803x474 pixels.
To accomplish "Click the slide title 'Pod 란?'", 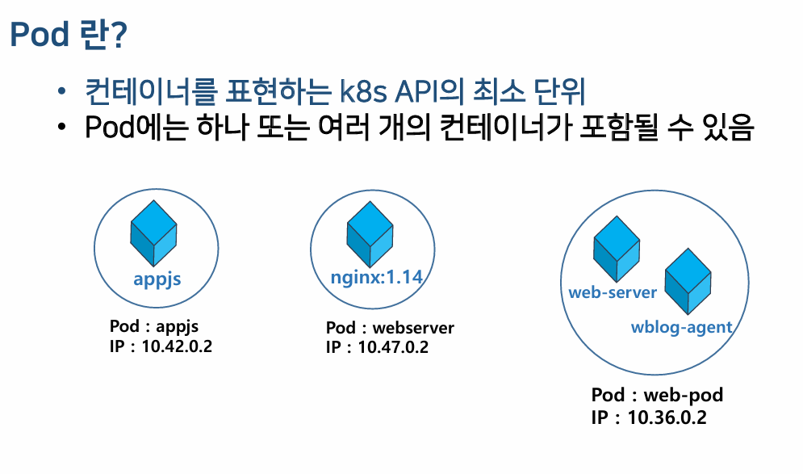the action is click(x=68, y=35).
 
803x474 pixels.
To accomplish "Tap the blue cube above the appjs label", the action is click(x=153, y=233).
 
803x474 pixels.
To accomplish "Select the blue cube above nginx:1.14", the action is click(x=370, y=234).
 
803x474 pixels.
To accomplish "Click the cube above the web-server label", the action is click(x=617, y=249).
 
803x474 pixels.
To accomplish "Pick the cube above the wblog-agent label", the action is click(x=688, y=281).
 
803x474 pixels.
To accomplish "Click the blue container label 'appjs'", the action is click(x=157, y=279).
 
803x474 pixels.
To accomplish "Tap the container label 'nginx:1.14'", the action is click(x=376, y=277).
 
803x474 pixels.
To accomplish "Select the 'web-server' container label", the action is click(x=613, y=292).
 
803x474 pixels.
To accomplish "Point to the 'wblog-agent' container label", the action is click(x=682, y=328).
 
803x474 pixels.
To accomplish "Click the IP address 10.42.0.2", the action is click(x=177, y=346).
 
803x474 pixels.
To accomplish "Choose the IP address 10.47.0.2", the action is click(x=393, y=347).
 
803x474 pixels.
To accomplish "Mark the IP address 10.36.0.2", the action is click(x=667, y=417).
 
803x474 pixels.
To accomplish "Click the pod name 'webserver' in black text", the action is click(x=413, y=328).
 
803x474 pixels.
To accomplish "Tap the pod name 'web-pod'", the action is click(x=684, y=395).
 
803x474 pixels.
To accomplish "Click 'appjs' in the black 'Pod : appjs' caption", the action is click(x=177, y=327).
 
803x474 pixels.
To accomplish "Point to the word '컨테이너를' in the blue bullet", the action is click(x=151, y=92).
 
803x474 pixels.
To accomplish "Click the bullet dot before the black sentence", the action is click(x=62, y=127).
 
